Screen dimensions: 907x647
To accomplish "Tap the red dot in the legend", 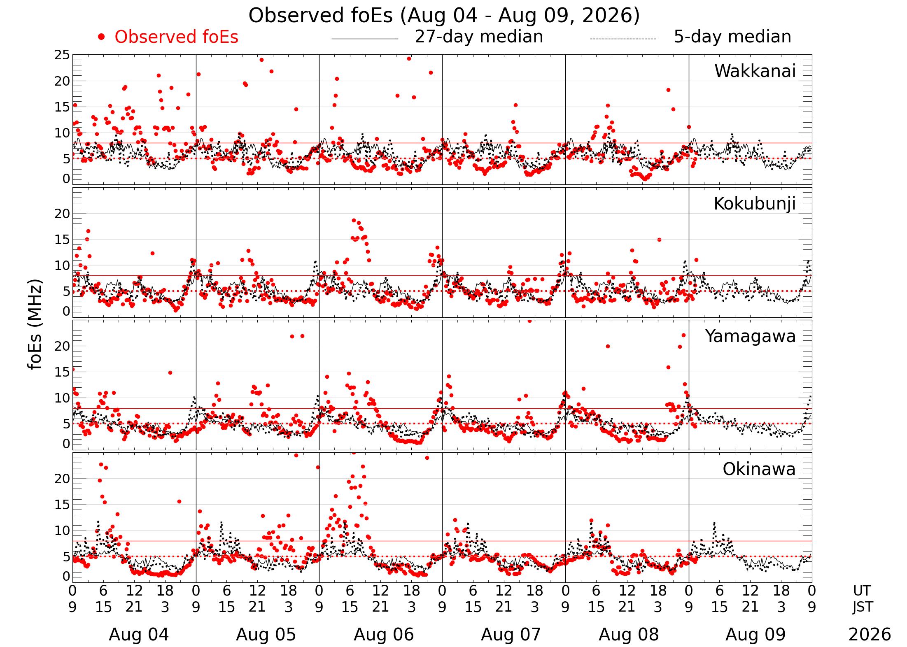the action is coord(101,37).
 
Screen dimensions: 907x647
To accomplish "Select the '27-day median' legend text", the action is coord(479,37).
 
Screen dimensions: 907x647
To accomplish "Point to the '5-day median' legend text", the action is coord(732,37).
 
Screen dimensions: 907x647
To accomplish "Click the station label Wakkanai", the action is coord(755,71).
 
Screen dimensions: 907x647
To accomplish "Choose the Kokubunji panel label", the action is coord(755,204).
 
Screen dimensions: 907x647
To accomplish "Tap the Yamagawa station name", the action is coord(751,337).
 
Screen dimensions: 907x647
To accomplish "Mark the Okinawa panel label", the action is coord(759,469).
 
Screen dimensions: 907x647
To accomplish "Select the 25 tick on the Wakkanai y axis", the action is coord(62,55).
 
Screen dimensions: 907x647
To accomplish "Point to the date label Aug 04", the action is coord(139,635).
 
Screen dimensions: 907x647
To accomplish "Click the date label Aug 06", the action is coord(384,635).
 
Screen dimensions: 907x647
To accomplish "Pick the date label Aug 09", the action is coord(755,635).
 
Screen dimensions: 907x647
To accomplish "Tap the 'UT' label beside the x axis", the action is coord(862,591).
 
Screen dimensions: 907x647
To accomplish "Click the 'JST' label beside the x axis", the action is coord(862,607).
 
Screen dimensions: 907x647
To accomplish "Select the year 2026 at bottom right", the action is coord(870,635).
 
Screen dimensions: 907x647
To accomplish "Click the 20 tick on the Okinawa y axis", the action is coord(62,479).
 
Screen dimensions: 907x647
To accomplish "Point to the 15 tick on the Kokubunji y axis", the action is coord(62,240).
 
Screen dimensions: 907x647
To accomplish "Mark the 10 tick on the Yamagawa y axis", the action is coord(62,398).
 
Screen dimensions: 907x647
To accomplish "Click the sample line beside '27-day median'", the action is coord(365,39).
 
